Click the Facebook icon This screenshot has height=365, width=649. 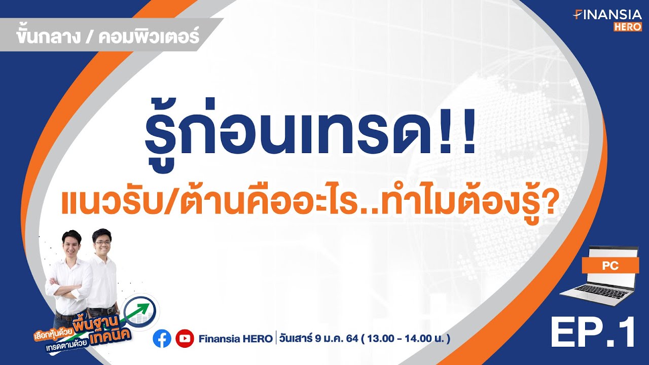coord(162,339)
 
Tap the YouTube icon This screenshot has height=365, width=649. coord(185,339)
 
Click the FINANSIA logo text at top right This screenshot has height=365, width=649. coord(607,15)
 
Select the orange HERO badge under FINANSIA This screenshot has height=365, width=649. coord(628,27)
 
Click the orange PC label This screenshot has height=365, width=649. coord(610,265)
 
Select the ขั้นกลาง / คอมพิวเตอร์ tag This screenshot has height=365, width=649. coord(107,36)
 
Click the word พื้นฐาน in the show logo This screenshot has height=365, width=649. coord(97,323)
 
